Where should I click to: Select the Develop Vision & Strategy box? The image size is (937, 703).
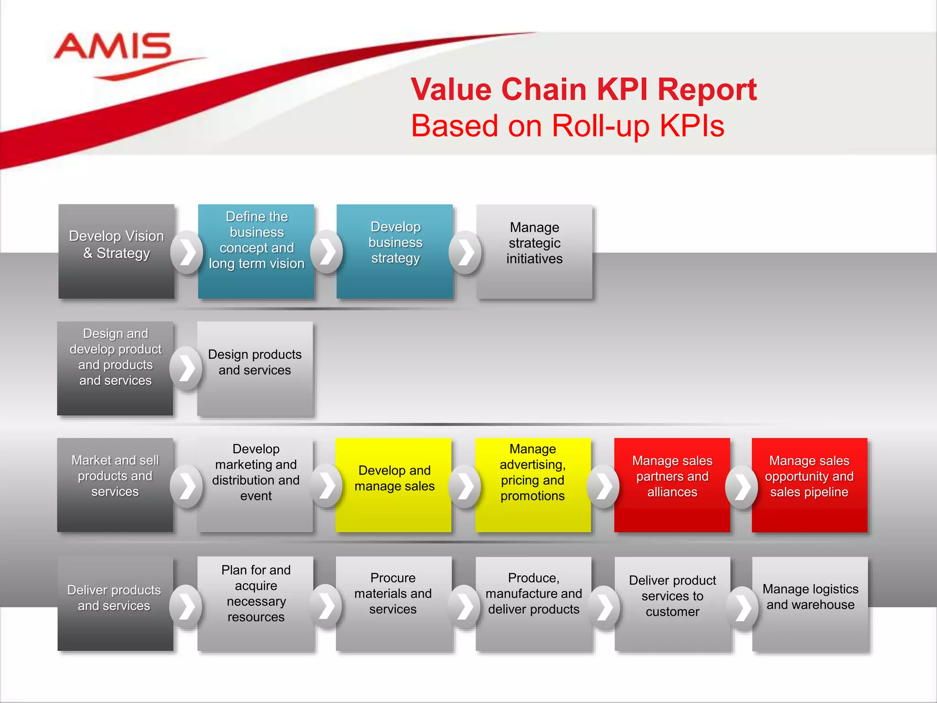click(116, 251)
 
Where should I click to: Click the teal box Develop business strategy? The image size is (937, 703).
click(395, 251)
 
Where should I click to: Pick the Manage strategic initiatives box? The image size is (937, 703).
click(534, 251)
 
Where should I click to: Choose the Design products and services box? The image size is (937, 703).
click(255, 368)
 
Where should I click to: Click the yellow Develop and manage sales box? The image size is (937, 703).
click(394, 485)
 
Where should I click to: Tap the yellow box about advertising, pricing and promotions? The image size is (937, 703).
click(533, 485)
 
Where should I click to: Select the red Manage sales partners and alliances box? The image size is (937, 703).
click(672, 485)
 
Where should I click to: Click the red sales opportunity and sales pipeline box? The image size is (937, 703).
click(809, 485)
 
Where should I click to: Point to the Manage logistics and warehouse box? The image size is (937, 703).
click(810, 604)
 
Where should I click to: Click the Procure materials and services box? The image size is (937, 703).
click(393, 604)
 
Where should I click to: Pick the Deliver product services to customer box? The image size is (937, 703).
click(673, 604)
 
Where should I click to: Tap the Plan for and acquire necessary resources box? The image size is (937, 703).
click(255, 604)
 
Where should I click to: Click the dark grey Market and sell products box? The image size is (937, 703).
click(115, 485)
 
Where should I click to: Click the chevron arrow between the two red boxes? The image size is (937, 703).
click(742, 487)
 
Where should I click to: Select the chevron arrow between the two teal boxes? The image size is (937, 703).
click(327, 251)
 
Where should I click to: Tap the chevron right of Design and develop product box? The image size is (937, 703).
click(186, 368)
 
